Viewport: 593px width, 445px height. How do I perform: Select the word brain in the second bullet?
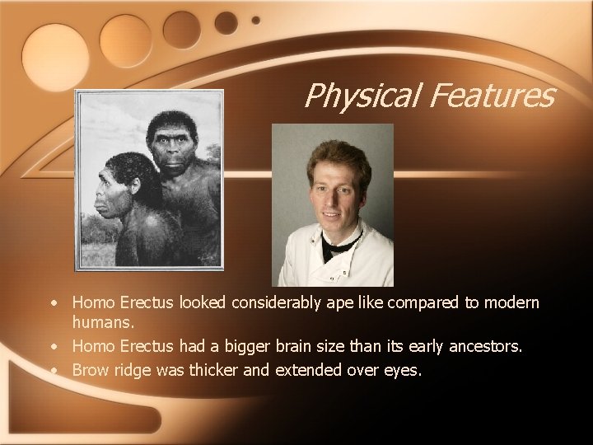point(319,349)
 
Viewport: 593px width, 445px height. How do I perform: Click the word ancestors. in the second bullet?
point(480,349)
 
